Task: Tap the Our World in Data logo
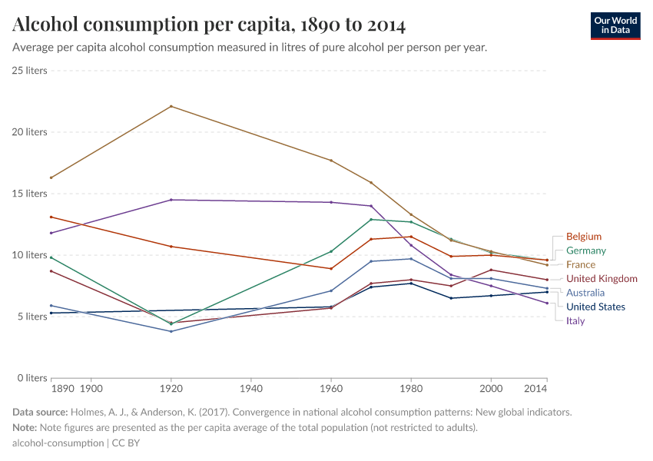pyautogui.click(x=615, y=25)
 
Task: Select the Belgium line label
pyautogui.click(x=584, y=237)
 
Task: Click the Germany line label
pyautogui.click(x=586, y=250)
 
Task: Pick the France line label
pyautogui.click(x=581, y=264)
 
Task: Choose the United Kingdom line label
pyautogui.click(x=602, y=279)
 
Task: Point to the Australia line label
pyautogui.click(x=585, y=293)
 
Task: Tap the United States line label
pyautogui.click(x=595, y=307)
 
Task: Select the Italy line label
pyautogui.click(x=575, y=320)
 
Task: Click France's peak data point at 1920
pyautogui.click(x=171, y=106)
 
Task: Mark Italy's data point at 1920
pyautogui.click(x=171, y=200)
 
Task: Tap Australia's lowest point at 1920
pyautogui.click(x=171, y=331)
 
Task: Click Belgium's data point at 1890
pyautogui.click(x=51, y=217)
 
